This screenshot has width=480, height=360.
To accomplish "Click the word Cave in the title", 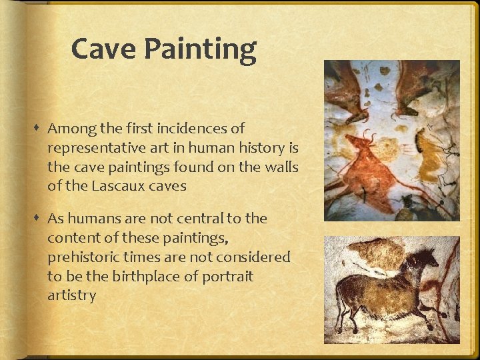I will tap(101, 49).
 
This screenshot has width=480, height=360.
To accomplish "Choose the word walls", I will tap(280, 167).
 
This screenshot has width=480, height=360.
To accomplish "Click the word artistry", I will tap(71, 295).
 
